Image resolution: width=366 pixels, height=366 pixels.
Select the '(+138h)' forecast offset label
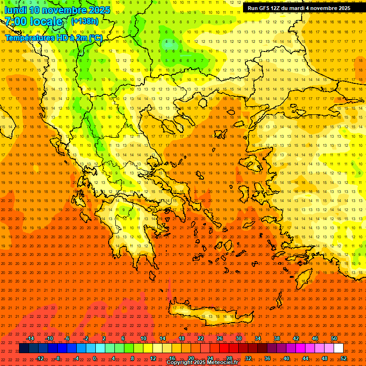tap(85, 21)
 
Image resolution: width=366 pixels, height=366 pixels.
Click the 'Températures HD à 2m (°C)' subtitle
tap(53, 38)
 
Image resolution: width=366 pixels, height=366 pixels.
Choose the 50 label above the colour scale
tap(334, 338)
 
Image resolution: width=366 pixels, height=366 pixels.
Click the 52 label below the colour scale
tap(343, 358)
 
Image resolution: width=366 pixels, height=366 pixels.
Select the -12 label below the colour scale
tap(40, 358)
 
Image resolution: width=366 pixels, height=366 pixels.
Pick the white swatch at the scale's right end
tap(338, 348)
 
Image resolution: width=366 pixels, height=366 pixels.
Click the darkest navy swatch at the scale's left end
tap(24, 348)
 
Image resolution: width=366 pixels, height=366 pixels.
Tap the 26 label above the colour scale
tap(220, 338)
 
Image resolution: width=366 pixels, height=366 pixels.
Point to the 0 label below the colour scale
tap(94, 358)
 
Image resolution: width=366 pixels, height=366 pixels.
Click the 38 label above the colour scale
tap(277, 338)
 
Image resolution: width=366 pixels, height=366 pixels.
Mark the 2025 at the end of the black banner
tap(342, 8)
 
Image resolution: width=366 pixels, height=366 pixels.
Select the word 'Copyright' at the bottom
tap(180, 363)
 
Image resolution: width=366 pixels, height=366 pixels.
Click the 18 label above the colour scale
tap(182, 338)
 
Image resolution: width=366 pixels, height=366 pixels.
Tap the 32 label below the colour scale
tap(248, 358)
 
